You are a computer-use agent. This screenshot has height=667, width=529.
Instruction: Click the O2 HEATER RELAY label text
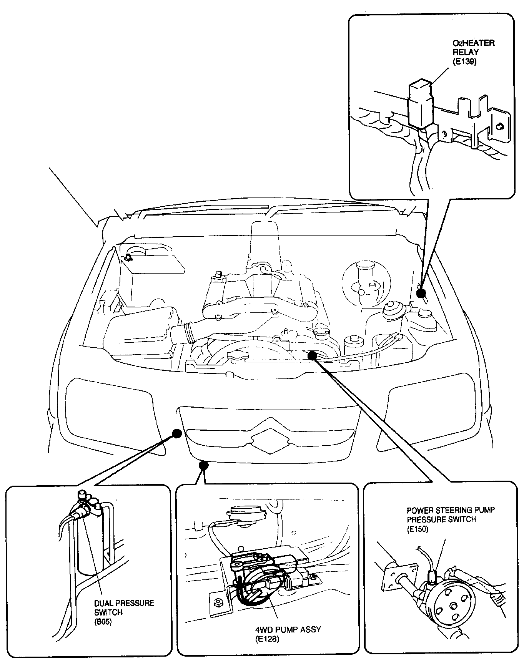click(x=473, y=47)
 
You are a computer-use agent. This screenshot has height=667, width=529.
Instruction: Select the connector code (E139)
click(x=464, y=61)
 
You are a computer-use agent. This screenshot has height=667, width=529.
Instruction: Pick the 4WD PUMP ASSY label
click(x=288, y=629)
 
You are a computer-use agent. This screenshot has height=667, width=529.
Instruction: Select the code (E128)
click(x=266, y=639)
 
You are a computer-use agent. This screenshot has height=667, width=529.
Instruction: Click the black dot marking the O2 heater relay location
click(x=421, y=293)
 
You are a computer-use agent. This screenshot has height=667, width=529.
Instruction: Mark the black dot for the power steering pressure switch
click(x=312, y=355)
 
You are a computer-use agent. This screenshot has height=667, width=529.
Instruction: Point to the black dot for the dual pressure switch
click(x=176, y=433)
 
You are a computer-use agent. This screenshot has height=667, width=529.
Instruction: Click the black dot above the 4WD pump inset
click(x=204, y=465)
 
